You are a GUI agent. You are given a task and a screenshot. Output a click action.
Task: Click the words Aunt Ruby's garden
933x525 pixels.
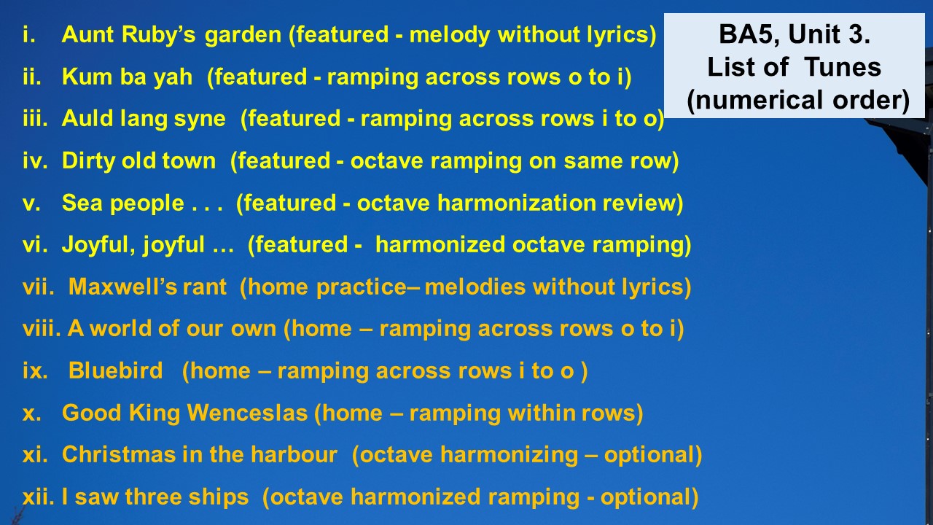point(171,35)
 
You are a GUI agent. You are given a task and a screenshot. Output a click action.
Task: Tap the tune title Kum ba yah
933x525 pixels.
point(127,77)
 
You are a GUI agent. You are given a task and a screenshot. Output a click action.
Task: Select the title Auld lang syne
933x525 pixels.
point(144,119)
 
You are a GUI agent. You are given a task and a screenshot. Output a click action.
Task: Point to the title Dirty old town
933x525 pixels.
point(138,161)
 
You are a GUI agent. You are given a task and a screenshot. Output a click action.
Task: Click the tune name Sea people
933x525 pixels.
point(123,203)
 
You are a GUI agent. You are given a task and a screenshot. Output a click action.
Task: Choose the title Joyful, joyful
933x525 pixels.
point(133,245)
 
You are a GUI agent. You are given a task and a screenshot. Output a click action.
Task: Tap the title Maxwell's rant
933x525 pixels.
point(147,287)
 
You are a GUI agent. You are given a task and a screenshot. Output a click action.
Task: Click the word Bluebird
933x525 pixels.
point(115,370)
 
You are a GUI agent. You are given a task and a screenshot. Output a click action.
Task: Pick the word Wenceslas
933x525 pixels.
point(247,413)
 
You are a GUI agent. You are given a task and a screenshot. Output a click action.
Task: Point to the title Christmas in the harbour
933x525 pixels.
point(200,454)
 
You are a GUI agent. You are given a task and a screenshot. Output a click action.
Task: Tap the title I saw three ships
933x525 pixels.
point(155,497)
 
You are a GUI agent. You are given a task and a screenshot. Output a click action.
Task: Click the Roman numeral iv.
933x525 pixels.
point(35,161)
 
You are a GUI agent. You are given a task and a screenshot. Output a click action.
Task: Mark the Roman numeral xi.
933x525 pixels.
point(35,454)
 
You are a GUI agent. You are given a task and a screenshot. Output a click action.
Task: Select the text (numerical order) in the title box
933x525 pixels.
point(797,101)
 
